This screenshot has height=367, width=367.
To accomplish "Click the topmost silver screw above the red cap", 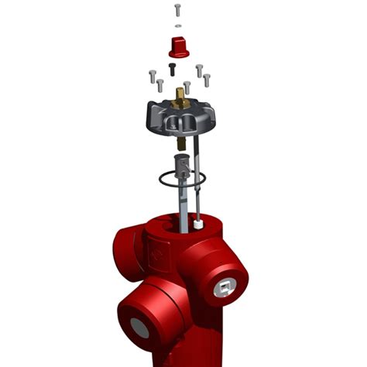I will point(178,10).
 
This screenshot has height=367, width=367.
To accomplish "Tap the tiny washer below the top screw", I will point(178,26).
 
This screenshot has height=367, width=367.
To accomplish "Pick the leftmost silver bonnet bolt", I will point(151,77).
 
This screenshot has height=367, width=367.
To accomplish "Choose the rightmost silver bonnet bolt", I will point(208,78).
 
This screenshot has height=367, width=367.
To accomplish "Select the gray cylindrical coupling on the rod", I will point(183,164).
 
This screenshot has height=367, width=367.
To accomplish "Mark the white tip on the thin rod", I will point(200,225).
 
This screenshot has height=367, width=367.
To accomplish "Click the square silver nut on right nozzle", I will point(224,288).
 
